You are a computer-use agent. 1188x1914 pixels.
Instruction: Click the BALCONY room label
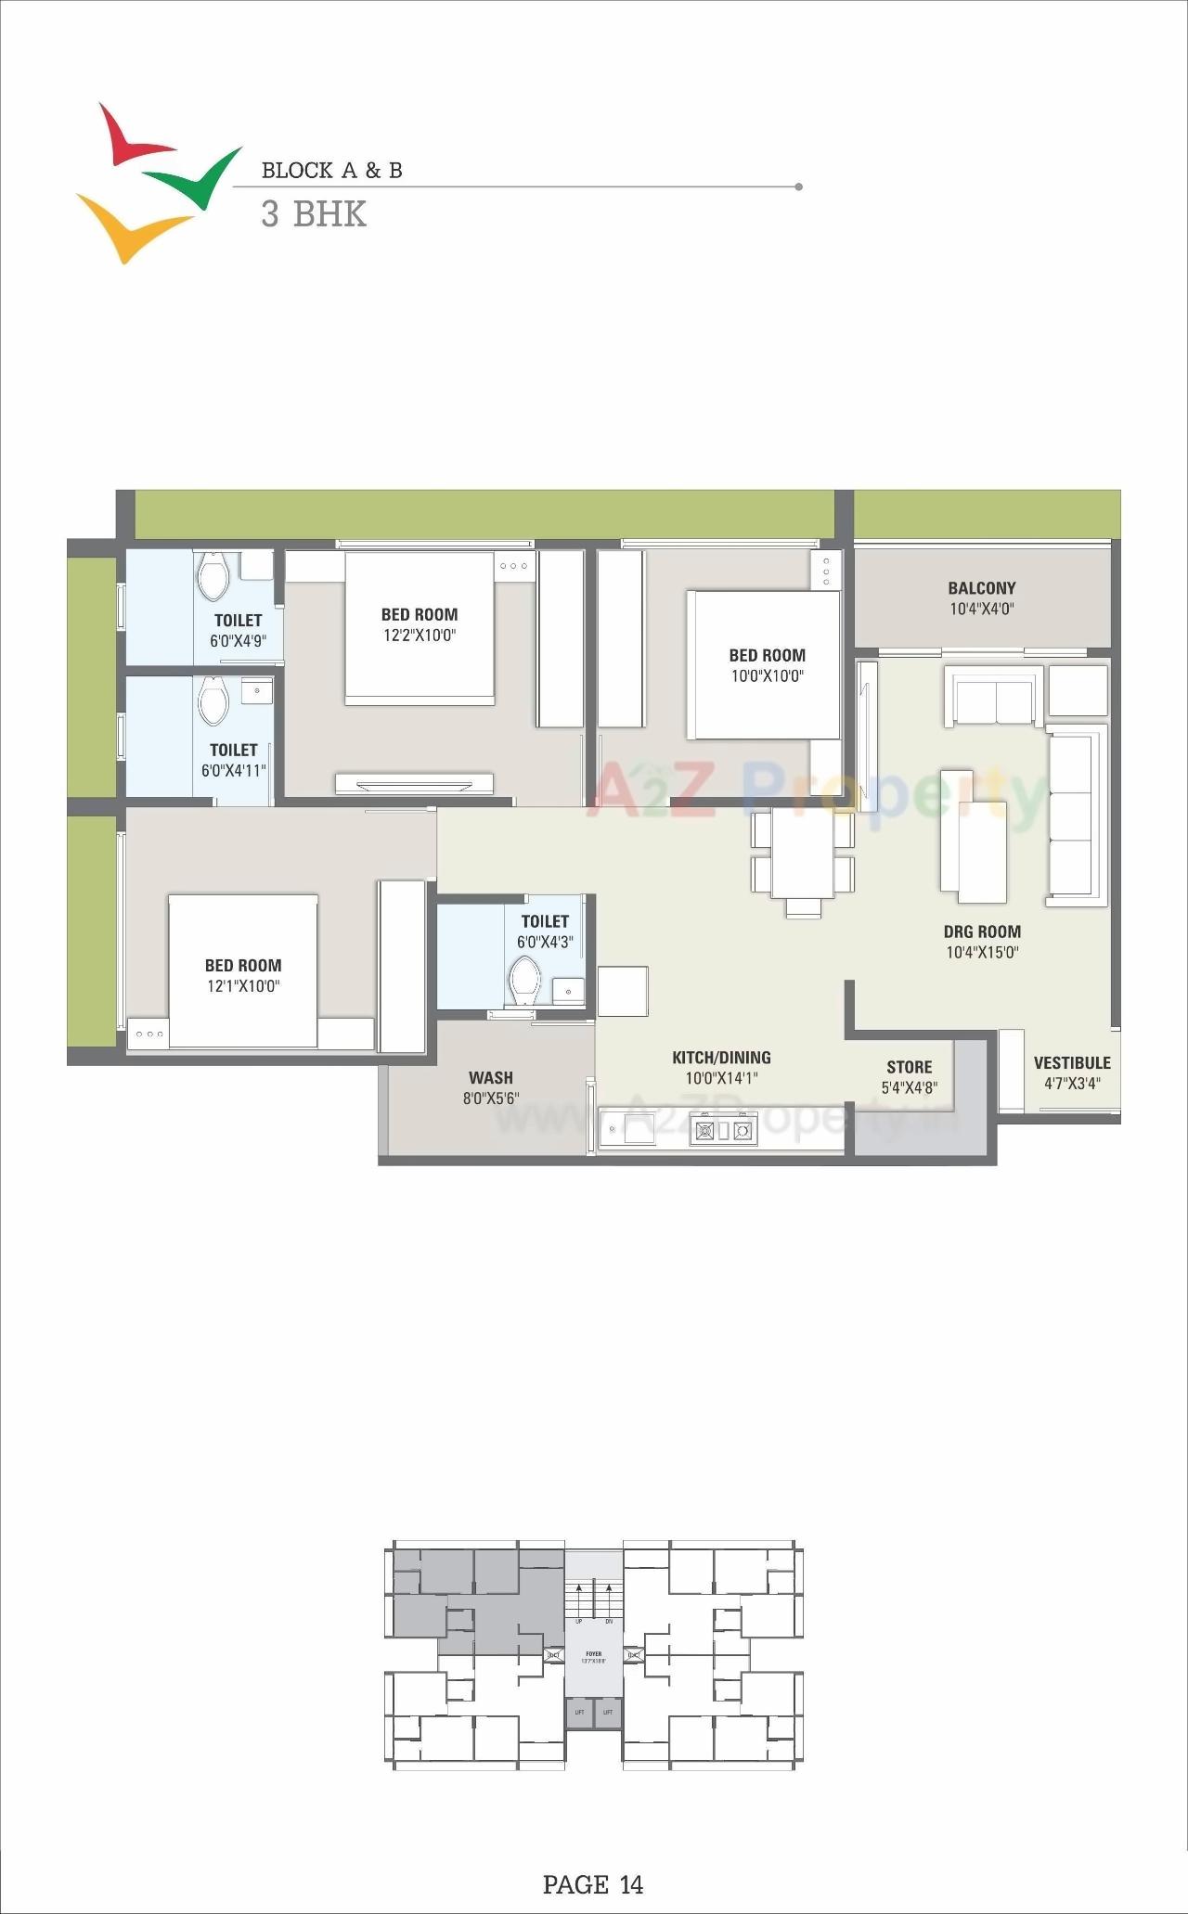click(981, 588)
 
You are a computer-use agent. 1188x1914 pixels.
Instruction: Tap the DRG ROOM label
click(982, 931)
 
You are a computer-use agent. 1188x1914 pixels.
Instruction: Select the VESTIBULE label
click(1072, 1063)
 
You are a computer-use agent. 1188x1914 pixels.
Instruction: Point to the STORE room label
click(909, 1067)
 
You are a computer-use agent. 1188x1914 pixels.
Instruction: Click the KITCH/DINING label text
click(721, 1058)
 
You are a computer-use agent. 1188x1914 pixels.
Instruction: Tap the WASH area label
click(490, 1078)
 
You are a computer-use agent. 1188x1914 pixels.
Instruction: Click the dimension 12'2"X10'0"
click(420, 636)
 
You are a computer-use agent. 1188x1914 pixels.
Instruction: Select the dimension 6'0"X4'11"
click(234, 771)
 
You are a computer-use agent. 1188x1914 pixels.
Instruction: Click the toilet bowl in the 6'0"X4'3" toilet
click(525, 980)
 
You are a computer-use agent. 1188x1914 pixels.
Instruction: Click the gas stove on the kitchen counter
click(722, 1130)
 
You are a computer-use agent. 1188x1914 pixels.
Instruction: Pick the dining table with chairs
click(802, 855)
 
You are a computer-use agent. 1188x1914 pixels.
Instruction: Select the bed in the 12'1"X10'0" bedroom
click(243, 970)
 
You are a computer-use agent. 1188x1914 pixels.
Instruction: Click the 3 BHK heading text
click(314, 215)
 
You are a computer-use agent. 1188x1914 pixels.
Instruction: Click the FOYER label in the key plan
click(593, 1652)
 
